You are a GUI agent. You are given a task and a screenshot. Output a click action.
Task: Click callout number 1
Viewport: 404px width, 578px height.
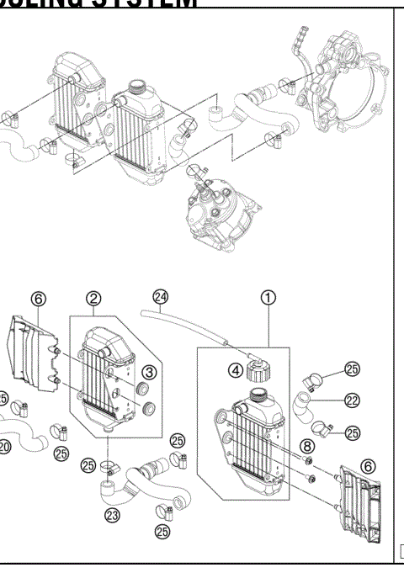267,297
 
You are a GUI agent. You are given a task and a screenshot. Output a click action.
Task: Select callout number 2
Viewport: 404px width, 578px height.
95,298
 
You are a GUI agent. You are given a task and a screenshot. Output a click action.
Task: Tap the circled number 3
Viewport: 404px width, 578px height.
148,371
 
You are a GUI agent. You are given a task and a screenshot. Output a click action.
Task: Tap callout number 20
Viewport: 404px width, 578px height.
4,447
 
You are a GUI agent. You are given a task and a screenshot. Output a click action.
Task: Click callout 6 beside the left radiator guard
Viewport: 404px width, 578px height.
36,298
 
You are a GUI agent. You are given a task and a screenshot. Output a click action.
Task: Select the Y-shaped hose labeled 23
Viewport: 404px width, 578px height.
135,478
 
